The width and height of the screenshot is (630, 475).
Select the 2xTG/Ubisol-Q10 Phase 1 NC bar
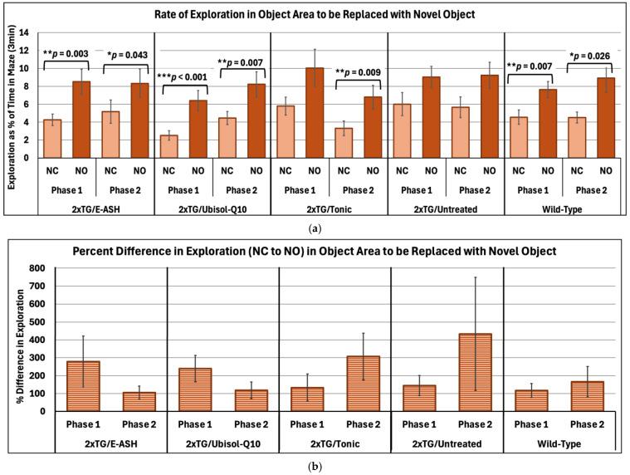click(168, 146)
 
